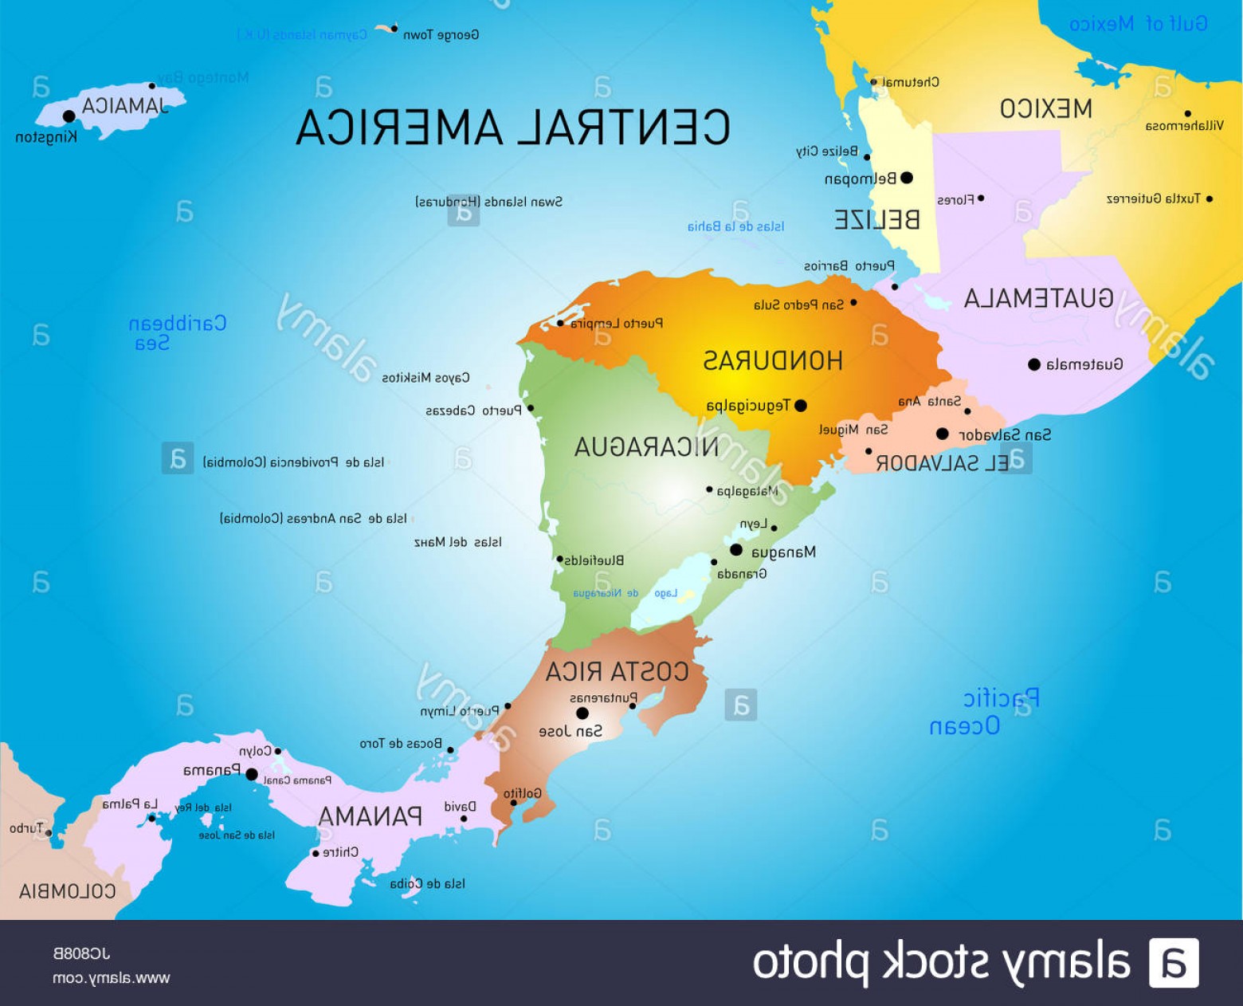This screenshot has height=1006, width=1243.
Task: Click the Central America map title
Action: (513, 128)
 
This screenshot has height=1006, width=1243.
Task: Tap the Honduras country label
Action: (772, 361)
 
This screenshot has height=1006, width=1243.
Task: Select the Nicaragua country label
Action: (646, 447)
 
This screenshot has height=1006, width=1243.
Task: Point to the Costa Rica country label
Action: (617, 672)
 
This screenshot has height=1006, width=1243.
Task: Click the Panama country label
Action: (370, 817)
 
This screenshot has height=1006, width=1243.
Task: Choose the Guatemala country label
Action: (1038, 299)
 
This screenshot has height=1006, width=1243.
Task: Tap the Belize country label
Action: (876, 220)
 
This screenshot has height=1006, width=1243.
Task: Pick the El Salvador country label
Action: (942, 463)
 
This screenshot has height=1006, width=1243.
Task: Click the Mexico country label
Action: (1045, 109)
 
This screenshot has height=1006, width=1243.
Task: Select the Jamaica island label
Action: (125, 106)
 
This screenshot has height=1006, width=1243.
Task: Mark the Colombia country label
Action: (68, 891)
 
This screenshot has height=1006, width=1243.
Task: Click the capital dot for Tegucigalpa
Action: (801, 406)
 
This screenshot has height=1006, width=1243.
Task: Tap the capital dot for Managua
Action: (736, 550)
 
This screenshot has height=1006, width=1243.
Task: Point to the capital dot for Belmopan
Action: (906, 178)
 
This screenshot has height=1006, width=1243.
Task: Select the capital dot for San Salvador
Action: (943, 434)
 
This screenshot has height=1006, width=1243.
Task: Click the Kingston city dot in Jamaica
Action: (69, 116)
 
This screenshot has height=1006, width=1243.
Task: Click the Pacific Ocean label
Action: (984, 712)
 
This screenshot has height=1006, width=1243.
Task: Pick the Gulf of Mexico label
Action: (1138, 24)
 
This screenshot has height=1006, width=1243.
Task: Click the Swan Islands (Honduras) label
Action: (488, 202)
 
